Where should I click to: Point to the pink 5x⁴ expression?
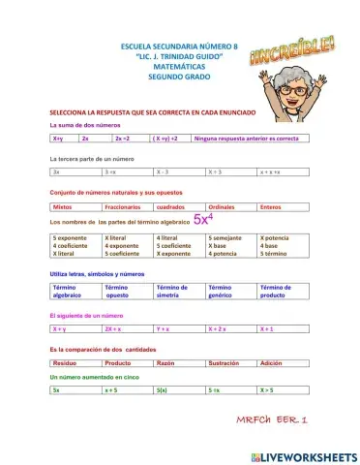[x=203, y=219]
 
